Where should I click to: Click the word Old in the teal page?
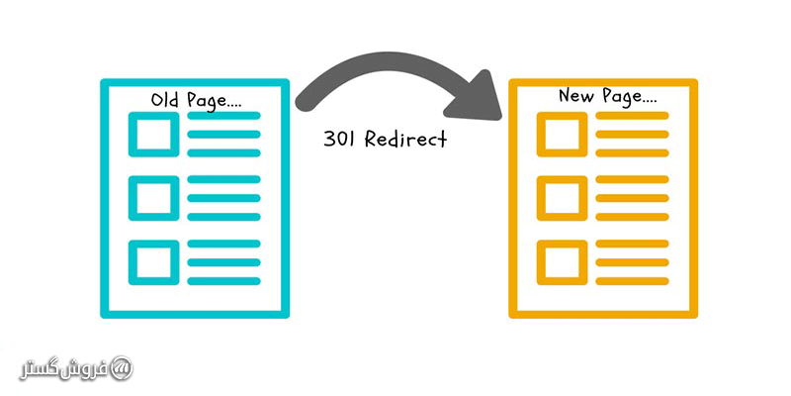tap(164, 100)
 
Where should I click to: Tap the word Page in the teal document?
tap(208, 100)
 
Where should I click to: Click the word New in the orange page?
tap(577, 97)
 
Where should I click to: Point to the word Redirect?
tap(405, 140)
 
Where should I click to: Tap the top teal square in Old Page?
tap(154, 134)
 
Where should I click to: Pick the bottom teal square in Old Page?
tap(154, 261)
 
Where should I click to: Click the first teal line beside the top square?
tap(223, 116)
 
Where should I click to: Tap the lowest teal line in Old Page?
tap(223, 280)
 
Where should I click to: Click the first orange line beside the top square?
tap(631, 116)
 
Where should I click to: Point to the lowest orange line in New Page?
tap(631, 280)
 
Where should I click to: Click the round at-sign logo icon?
tap(121, 367)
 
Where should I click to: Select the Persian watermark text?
tap(64, 368)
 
